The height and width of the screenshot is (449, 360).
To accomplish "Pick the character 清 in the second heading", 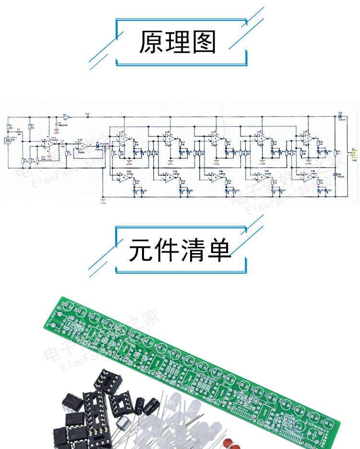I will [192, 250].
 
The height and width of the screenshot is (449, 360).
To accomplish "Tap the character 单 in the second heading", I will [219, 250].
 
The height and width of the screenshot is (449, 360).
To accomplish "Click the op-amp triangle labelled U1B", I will [82, 145].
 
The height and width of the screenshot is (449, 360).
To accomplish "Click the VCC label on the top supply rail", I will [88, 114].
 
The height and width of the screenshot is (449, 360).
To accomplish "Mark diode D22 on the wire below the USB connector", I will [340, 174].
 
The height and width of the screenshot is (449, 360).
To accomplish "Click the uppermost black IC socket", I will [108, 381].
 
